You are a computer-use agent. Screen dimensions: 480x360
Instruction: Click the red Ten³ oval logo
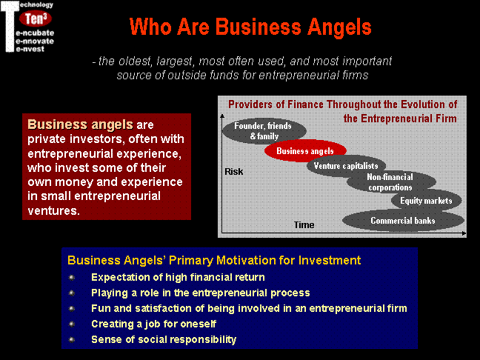(36, 19)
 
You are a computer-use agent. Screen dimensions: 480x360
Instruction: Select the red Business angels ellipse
(305, 150)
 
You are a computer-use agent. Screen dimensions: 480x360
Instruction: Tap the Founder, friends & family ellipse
(264, 130)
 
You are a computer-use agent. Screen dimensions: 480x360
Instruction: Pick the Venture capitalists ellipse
(346, 166)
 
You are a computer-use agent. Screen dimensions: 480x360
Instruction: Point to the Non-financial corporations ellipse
(391, 181)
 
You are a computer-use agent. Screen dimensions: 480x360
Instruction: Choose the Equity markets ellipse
(426, 201)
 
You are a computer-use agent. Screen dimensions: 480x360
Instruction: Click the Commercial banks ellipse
(403, 221)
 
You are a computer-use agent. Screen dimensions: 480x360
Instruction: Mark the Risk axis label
(234, 172)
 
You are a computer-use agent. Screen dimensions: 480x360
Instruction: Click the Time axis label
(304, 225)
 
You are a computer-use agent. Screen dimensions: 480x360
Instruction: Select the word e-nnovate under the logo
(35, 41)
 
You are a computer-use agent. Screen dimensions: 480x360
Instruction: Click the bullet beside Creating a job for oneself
(72, 324)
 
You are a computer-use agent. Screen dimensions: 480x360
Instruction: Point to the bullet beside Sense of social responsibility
(72, 339)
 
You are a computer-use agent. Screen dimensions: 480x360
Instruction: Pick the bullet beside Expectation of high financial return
(72, 277)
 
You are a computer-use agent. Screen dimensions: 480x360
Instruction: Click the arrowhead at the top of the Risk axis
(222, 116)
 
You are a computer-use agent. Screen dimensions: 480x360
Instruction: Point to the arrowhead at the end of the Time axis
(464, 233)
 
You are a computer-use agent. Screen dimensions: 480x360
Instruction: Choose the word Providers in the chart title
(250, 104)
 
